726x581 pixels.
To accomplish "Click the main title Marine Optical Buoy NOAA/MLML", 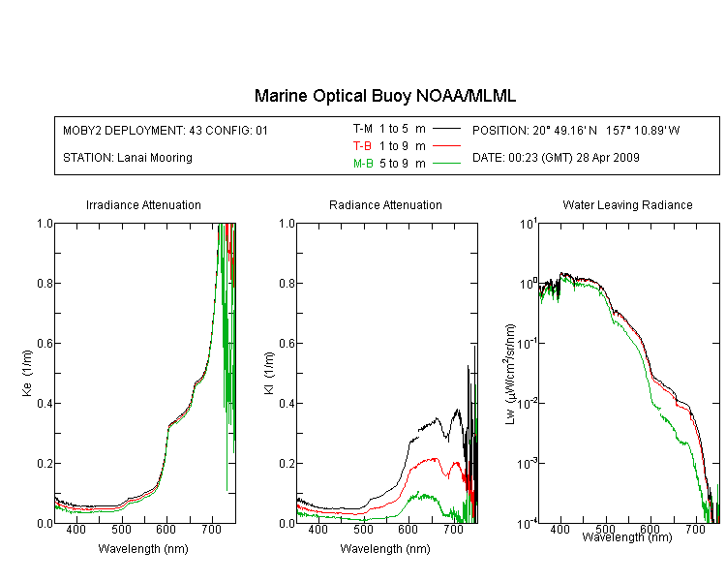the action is [384, 96].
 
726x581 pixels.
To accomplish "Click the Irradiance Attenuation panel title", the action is [143, 204].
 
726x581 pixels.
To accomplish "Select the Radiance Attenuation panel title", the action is [385, 204].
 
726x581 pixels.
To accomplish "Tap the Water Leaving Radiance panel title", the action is [627, 204].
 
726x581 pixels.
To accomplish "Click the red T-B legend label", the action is [362, 146].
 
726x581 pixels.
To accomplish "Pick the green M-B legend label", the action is [363, 164].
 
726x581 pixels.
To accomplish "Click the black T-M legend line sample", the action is [446, 129].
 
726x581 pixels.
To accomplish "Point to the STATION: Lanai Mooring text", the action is [128, 158].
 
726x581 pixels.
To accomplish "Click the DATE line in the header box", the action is [556, 158].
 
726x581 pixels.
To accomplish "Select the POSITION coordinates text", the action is [576, 130].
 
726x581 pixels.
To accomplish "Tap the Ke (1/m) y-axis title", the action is [27, 373].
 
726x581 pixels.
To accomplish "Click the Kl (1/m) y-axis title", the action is [269, 373].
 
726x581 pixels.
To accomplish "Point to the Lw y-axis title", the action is [510, 374].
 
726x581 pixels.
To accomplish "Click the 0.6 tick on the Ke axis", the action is [45, 344].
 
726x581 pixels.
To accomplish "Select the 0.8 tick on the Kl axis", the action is [287, 283].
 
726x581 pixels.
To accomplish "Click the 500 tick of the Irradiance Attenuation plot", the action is [121, 529].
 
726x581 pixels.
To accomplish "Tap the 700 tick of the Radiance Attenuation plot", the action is [453, 529].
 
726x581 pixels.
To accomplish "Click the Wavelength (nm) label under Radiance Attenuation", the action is [385, 549].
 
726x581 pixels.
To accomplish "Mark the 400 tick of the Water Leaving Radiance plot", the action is [560, 529].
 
